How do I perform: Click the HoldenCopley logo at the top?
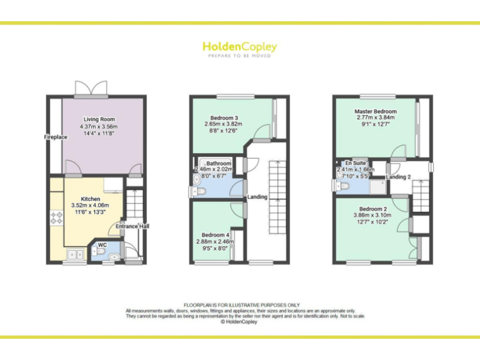click(x=239, y=47)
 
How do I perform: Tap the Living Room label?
click(x=99, y=119)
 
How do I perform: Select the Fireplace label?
click(x=55, y=137)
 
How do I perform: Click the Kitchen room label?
click(x=91, y=199)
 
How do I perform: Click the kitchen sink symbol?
click(x=77, y=254)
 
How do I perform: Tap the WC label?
click(x=102, y=245)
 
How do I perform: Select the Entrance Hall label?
click(x=132, y=226)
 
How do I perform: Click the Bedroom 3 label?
click(x=224, y=117)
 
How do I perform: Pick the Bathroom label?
click(x=219, y=163)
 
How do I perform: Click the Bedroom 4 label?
click(x=216, y=235)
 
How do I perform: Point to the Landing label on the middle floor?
click(x=257, y=197)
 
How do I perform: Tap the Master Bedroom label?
click(x=376, y=111)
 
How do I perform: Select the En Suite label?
click(x=356, y=162)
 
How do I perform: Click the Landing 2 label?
click(x=398, y=177)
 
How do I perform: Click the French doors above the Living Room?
click(x=91, y=89)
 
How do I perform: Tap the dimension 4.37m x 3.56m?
click(x=99, y=127)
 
